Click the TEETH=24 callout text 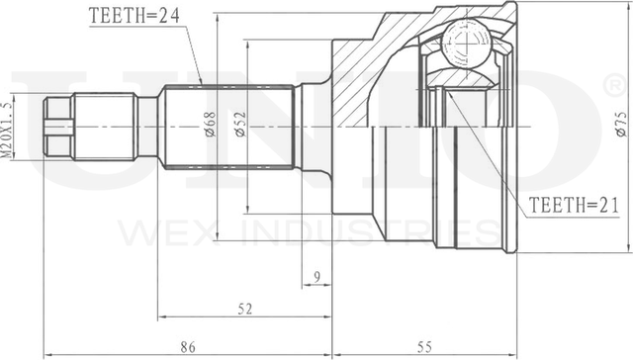coord(135,16)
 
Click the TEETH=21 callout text coord(574,206)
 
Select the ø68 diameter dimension coord(211,125)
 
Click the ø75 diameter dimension coord(622,125)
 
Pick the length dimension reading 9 coord(316,277)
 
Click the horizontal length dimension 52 coord(245,309)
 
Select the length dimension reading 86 coord(188,347)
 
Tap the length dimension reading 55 coord(424,347)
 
